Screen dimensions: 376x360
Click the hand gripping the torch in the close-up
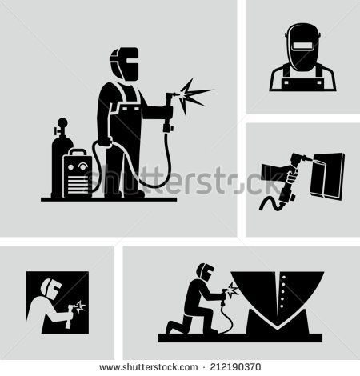click(273, 171)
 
